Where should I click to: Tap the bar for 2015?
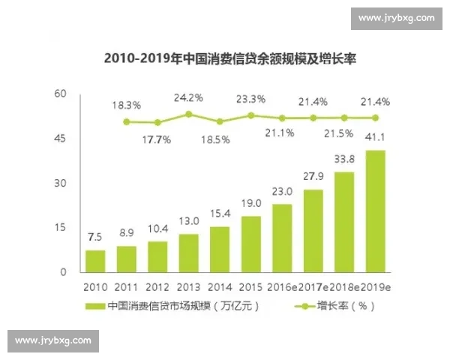251,244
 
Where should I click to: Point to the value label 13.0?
189,220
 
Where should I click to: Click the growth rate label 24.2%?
188,97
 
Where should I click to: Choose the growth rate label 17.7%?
157,139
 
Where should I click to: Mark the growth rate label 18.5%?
220,139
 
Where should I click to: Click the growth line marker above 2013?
189,115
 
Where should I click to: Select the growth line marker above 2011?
127,121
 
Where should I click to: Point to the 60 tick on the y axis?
61,94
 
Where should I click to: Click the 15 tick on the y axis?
61,228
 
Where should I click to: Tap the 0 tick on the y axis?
64,272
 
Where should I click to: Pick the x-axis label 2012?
157,287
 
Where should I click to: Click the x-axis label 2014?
220,287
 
